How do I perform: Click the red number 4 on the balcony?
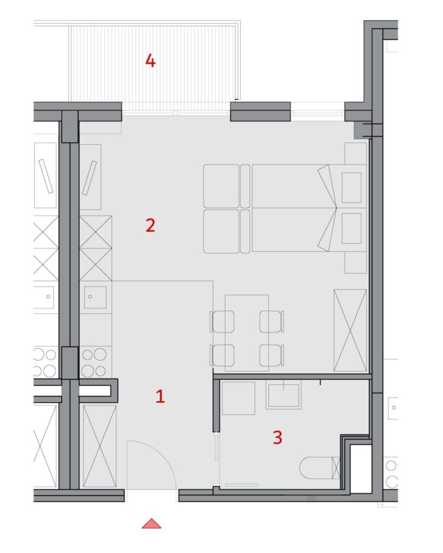point(150,61)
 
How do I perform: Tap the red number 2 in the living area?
point(150,225)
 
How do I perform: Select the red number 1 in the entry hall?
point(161,396)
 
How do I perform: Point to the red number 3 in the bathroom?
point(277,437)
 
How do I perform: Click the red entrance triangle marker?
point(151,523)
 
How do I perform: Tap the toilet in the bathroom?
point(319,468)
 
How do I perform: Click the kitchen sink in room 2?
point(95,297)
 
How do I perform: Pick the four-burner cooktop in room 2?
point(94,362)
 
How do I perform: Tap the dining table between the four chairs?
point(247,333)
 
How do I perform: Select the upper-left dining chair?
point(222,321)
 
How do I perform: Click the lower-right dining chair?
point(272,355)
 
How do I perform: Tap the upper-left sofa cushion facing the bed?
point(221,186)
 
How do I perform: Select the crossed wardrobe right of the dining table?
point(350,330)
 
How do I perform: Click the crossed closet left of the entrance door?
point(100,446)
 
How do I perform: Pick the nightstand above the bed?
point(355,153)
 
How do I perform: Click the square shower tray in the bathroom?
point(239,398)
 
